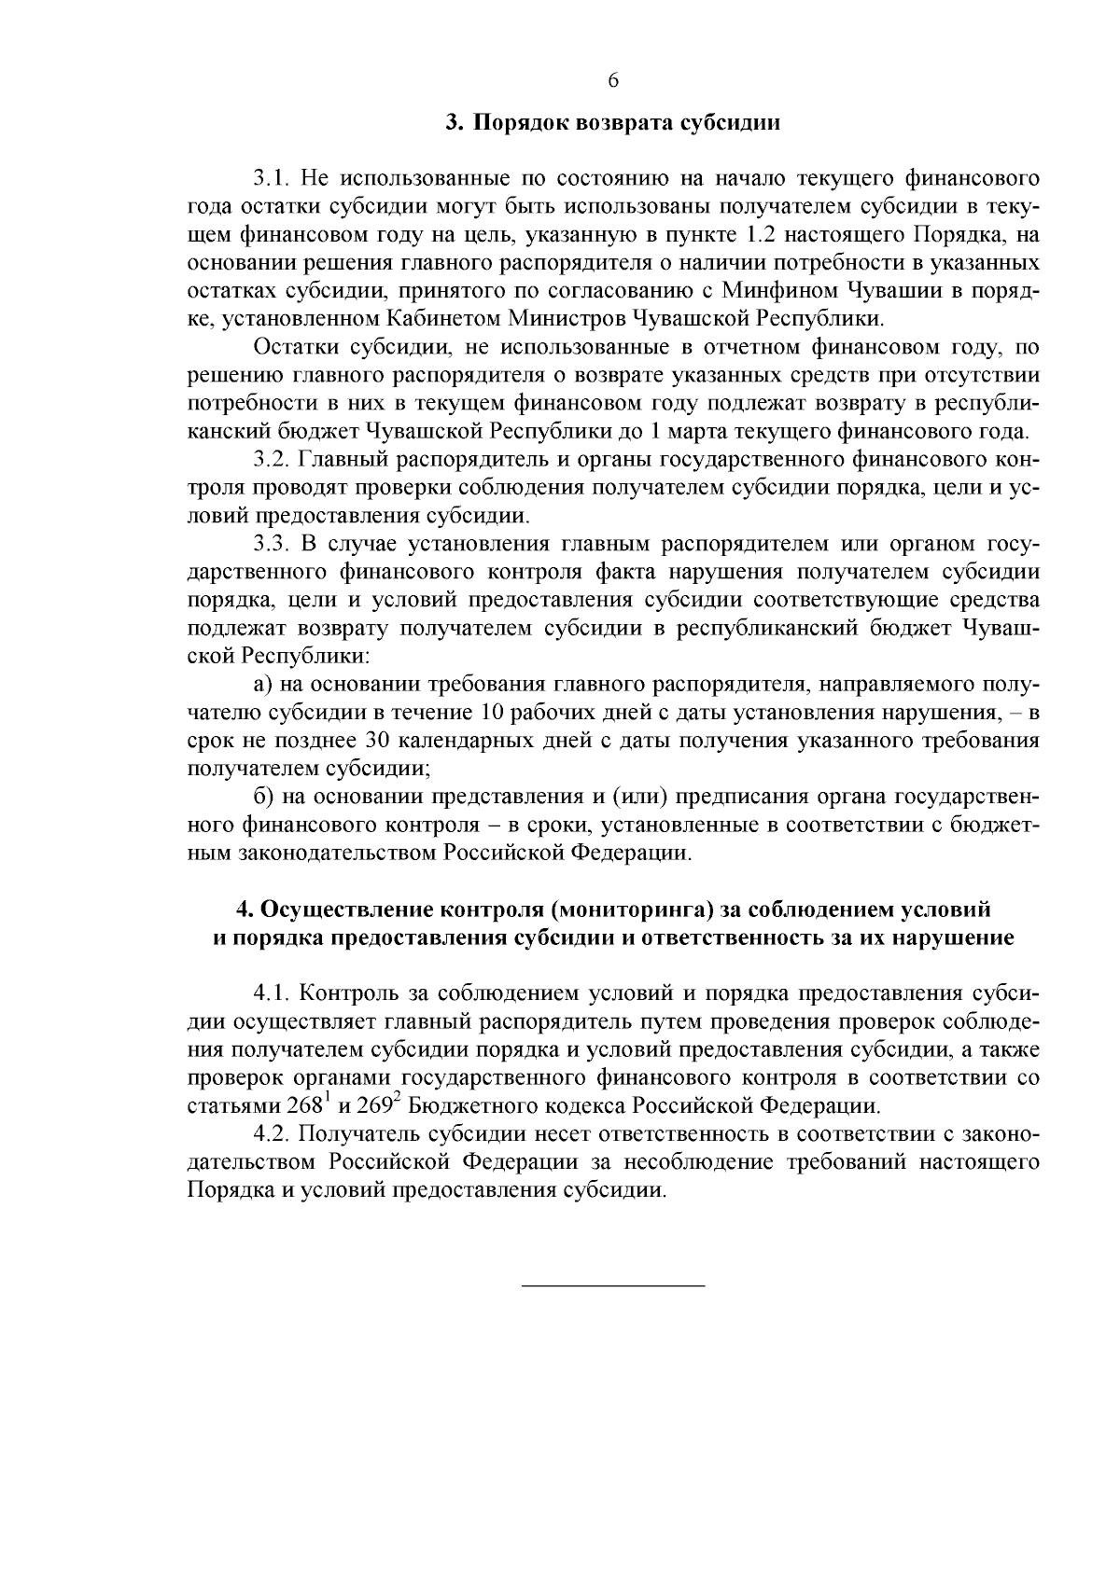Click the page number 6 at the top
pyautogui.click(x=613, y=80)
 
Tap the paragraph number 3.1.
pyautogui.click(x=270, y=177)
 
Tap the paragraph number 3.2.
pyautogui.click(x=270, y=460)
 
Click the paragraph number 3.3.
pyautogui.click(x=270, y=544)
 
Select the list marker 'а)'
pyautogui.click(x=262, y=685)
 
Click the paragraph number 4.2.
pyautogui.click(x=270, y=1135)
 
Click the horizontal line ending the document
pyautogui.click(x=612, y=1287)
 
